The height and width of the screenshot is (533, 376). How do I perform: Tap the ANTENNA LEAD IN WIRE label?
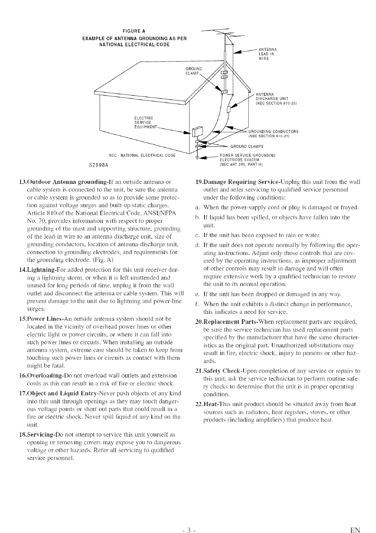point(268,54)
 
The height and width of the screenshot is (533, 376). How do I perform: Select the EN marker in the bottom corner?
point(355,530)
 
